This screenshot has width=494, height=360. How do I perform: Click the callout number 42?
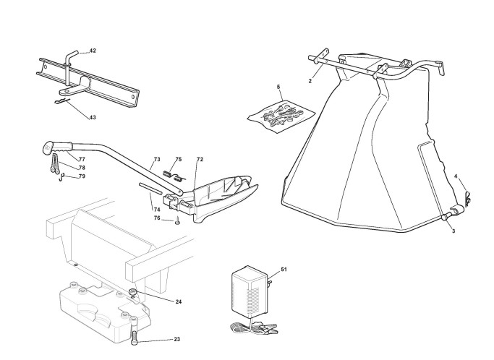[x=93, y=51]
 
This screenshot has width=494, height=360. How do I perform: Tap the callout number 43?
[x=93, y=117]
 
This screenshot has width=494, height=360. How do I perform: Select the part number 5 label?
[x=278, y=87]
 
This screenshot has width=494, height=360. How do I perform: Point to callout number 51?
[x=284, y=269]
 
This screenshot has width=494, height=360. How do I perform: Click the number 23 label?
[x=177, y=339]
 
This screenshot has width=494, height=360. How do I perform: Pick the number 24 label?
[x=178, y=301]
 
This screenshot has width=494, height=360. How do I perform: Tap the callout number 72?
[x=200, y=159]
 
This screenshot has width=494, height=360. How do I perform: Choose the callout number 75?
[x=178, y=159]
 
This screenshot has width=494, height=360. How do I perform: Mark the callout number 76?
[x=157, y=218]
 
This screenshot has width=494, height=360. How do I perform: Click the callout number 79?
[x=82, y=176]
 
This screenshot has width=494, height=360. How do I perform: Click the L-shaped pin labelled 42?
[x=71, y=58]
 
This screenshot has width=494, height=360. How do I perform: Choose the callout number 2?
[x=310, y=81]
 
